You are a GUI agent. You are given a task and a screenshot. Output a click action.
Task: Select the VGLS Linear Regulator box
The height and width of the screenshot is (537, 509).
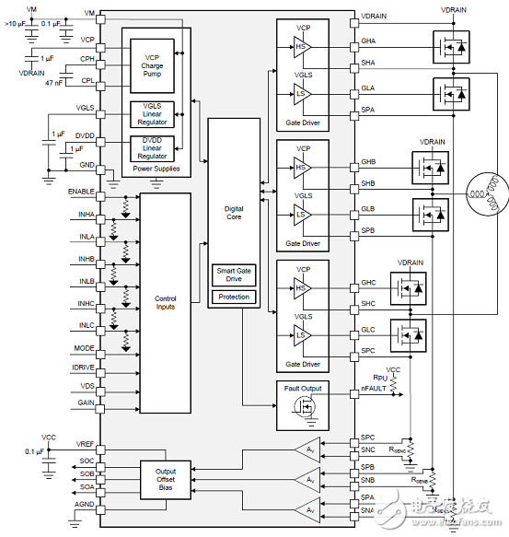(x=152, y=114)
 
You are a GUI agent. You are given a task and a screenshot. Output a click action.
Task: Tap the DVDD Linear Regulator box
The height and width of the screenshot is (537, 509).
(x=152, y=148)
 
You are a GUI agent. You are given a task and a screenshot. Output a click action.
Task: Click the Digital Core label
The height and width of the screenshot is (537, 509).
(x=234, y=214)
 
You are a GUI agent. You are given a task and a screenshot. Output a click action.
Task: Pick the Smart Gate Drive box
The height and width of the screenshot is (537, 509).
(x=234, y=276)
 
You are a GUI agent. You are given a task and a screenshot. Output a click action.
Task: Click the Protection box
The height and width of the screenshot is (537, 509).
(x=234, y=297)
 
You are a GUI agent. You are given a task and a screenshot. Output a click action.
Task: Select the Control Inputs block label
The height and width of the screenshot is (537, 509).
(x=165, y=302)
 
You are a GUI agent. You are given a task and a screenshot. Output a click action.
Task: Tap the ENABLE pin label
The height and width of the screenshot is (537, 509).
(x=83, y=191)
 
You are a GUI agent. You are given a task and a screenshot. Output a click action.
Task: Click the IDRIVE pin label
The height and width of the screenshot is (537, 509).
(x=84, y=367)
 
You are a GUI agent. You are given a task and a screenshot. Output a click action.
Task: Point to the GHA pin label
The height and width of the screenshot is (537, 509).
(x=367, y=41)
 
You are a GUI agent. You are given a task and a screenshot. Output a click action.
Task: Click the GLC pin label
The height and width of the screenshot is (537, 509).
(x=367, y=329)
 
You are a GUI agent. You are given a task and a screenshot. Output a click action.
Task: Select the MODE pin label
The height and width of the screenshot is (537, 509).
(x=85, y=349)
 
